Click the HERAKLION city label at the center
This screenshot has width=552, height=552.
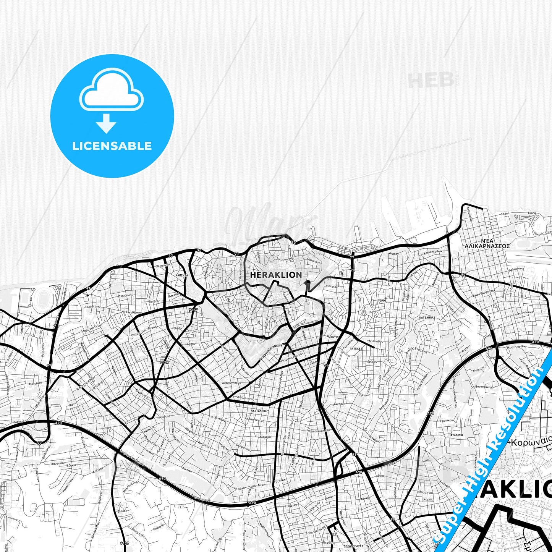pos(276,275)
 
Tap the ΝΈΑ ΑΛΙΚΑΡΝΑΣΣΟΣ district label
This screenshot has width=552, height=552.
pos(487,244)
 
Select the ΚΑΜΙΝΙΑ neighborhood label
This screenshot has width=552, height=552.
pos(181,275)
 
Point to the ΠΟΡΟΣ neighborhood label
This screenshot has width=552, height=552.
pos(382,301)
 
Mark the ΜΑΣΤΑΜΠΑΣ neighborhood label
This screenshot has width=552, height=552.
pos(259,411)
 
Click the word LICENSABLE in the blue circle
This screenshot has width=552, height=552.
pos(112,146)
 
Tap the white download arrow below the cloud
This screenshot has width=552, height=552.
pos(106,123)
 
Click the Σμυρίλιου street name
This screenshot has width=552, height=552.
pos(126,295)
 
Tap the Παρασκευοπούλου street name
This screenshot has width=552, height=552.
pos(319,430)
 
